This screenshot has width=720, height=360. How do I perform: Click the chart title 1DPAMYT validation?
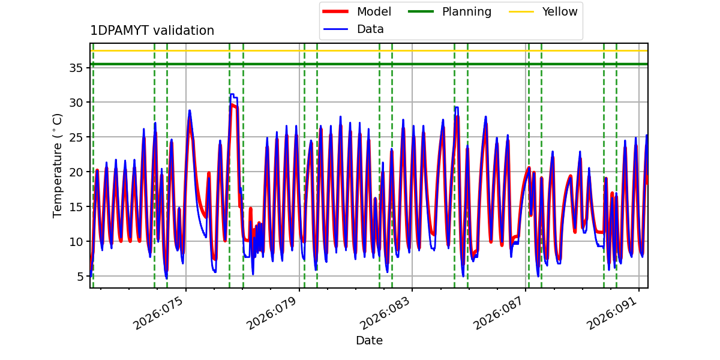click(152, 31)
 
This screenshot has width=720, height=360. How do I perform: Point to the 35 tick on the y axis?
click(75, 68)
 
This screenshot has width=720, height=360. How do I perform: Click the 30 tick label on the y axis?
click(75, 103)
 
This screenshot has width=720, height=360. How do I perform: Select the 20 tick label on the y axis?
click(75, 172)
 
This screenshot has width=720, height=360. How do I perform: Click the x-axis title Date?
click(369, 341)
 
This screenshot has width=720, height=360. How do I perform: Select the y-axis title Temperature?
click(58, 165)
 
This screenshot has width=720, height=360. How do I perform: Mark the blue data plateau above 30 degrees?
click(233, 95)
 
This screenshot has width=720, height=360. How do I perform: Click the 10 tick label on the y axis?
click(75, 242)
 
